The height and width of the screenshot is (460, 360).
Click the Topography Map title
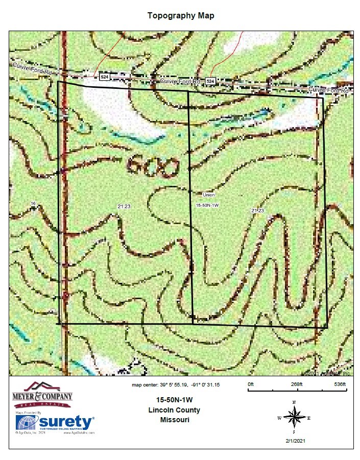pos(181,15)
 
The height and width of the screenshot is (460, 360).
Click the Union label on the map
pos(208,195)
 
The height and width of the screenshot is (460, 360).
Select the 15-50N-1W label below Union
pos(207,205)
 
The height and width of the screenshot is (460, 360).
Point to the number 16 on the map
pos(33,204)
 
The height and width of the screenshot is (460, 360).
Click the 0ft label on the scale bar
pos(250,384)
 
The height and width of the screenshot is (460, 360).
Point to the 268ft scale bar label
pos(297,384)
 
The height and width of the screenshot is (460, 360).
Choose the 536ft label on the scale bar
pos(340,384)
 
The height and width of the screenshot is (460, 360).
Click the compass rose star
pos(294,418)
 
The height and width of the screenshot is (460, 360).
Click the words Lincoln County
pos(174,410)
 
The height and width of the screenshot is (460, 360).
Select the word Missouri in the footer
pos(174,420)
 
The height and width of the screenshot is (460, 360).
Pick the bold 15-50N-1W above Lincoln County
pos(174,400)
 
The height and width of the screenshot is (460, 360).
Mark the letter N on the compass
pos(294,402)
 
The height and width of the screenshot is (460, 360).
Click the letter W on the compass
pos(279,418)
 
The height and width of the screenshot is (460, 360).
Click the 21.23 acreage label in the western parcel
pos(124,206)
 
